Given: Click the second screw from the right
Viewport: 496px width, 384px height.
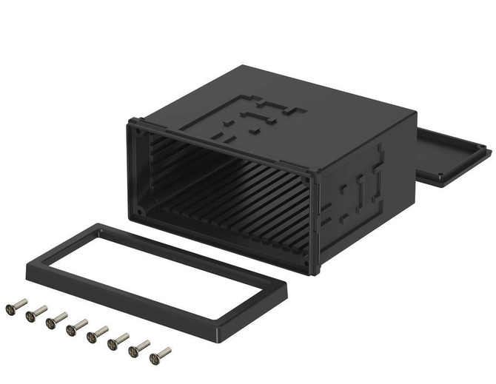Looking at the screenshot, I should [139, 348].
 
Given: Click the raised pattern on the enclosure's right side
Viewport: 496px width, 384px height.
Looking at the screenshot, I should [359, 189].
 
